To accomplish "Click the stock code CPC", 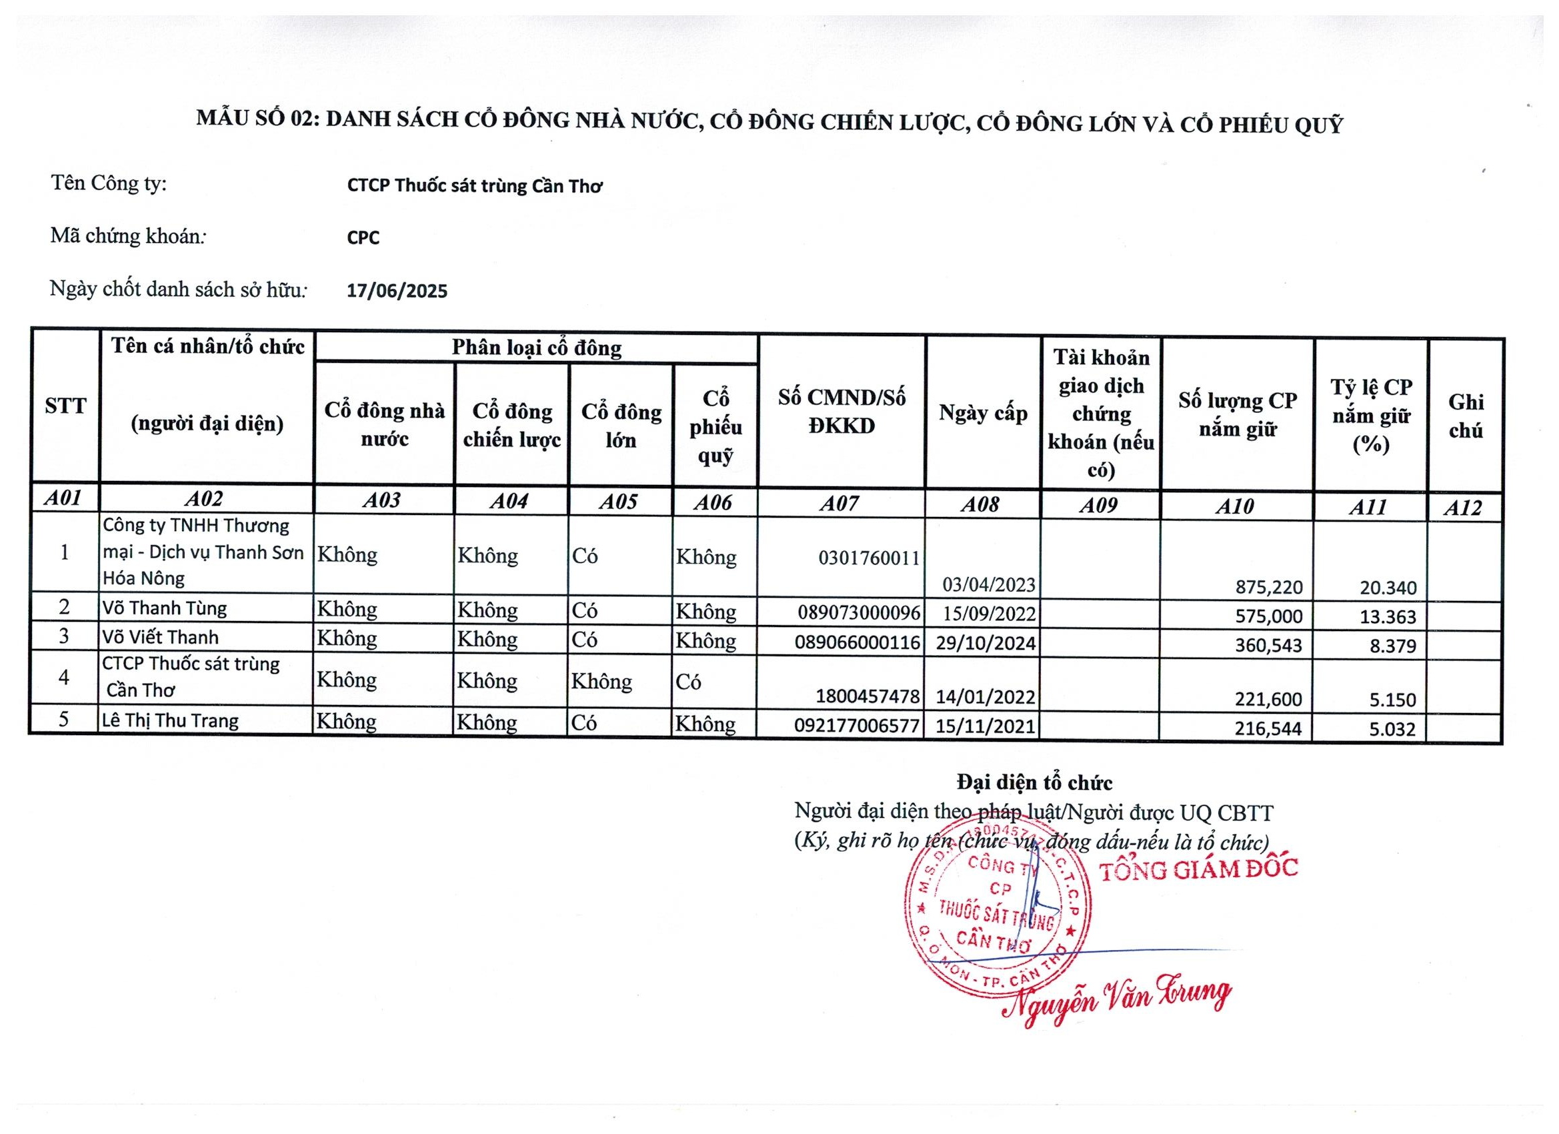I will pyautogui.click(x=363, y=238).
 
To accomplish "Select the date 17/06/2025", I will pyautogui.click(x=397, y=291).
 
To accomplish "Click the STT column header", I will pyautogui.click(x=65, y=406).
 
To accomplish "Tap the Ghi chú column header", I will pyautogui.click(x=1466, y=416).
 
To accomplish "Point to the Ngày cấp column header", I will pyautogui.click(x=983, y=414).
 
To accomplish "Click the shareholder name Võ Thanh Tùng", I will pyautogui.click(x=164, y=608).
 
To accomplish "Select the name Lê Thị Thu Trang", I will pyautogui.click(x=171, y=720).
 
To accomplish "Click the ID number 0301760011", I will pyautogui.click(x=869, y=558).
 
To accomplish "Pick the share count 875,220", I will pyautogui.click(x=1268, y=587).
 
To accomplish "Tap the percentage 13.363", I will pyautogui.click(x=1388, y=616).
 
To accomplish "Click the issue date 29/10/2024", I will pyautogui.click(x=985, y=644).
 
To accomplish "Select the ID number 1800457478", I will pyautogui.click(x=868, y=696).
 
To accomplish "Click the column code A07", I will pyautogui.click(x=840, y=504).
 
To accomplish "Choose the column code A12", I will pyautogui.click(x=1462, y=508).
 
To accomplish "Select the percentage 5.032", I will pyautogui.click(x=1392, y=729).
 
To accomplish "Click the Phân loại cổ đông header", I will pyautogui.click(x=536, y=348).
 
